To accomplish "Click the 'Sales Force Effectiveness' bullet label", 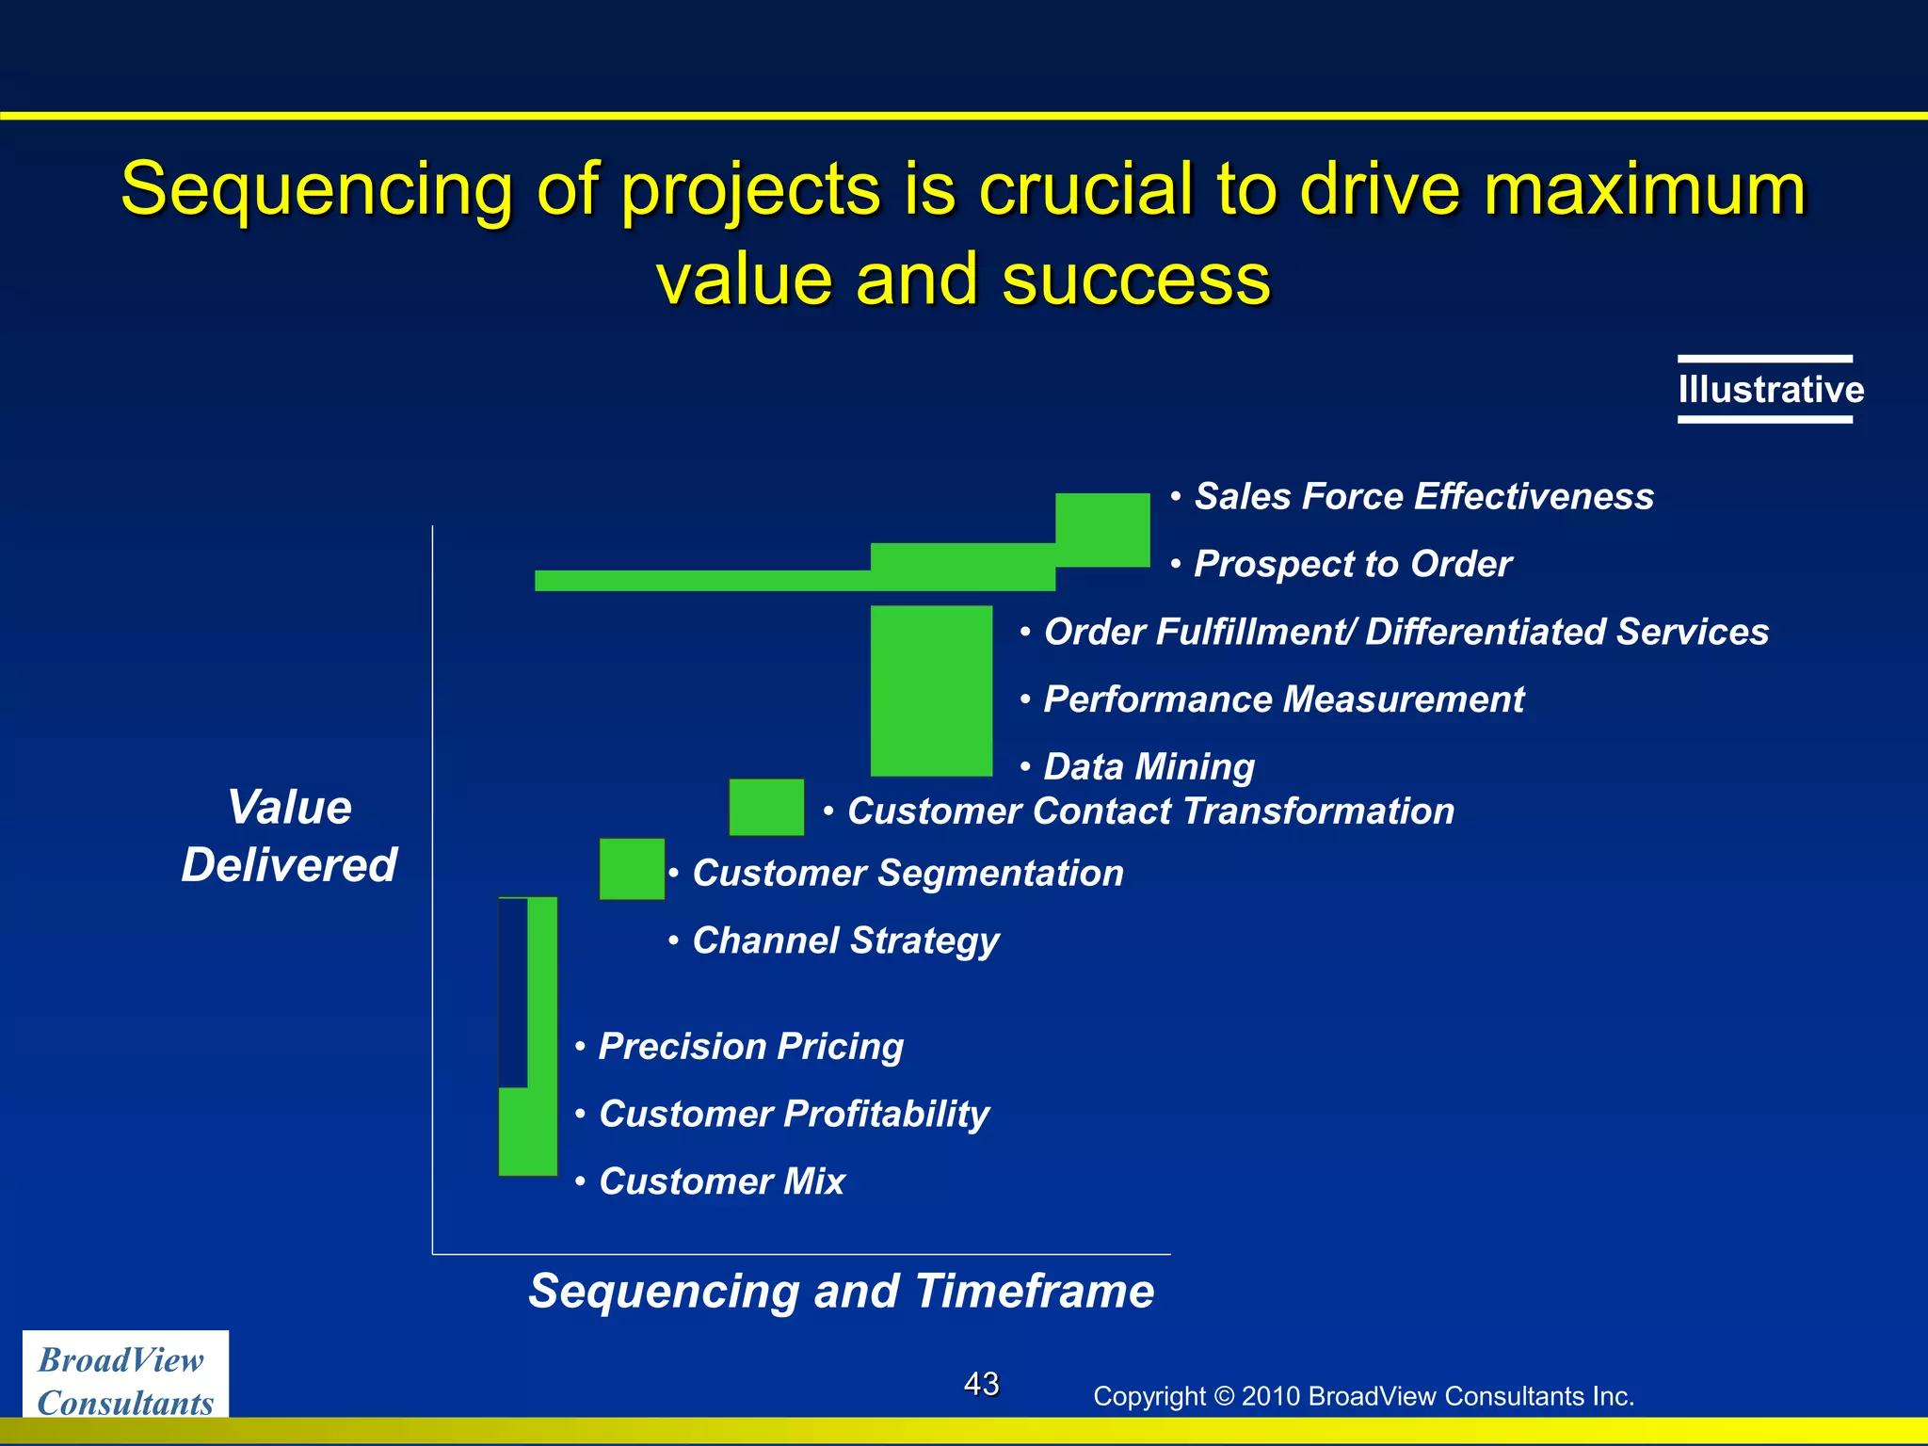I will [1422, 496].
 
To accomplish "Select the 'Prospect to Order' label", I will [1352, 564].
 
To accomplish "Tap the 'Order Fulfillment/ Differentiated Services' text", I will [1406, 632].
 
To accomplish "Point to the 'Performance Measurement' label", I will [1283, 699].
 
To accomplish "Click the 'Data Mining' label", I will [1149, 767].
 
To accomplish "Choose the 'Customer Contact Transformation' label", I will [1149, 811].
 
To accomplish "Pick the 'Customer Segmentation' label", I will [908, 874].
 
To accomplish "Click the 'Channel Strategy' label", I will [844, 940].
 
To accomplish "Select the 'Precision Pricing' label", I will [750, 1047].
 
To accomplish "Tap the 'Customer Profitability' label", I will [794, 1115].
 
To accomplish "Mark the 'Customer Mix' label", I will [722, 1181].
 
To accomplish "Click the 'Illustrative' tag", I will [1770, 390].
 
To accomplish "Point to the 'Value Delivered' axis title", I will [289, 836].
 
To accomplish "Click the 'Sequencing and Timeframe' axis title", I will [841, 1291].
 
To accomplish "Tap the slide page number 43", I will [981, 1384].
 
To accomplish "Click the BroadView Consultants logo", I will [125, 1380].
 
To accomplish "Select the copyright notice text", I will [1362, 1396].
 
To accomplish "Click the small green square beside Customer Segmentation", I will [632, 869].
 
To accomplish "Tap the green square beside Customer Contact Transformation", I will [766, 807].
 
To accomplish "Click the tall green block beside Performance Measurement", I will [931, 691].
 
